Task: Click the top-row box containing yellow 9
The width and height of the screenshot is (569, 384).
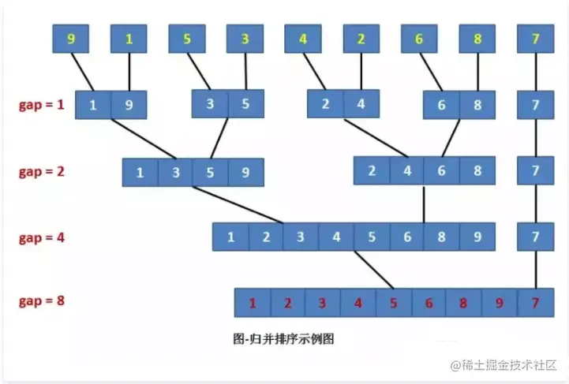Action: tap(71, 39)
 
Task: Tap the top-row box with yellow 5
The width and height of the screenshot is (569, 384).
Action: tap(187, 39)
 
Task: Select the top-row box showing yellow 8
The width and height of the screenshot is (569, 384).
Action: tap(477, 39)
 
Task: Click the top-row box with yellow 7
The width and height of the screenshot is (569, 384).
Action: tap(536, 39)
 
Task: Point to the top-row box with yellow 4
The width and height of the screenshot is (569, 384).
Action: tap(303, 39)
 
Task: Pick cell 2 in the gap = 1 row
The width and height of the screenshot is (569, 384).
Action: tap(325, 103)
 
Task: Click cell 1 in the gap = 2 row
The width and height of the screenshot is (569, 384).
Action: tap(140, 172)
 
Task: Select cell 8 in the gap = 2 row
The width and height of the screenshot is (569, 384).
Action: tap(477, 170)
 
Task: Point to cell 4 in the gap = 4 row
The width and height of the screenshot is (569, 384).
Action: tap(336, 237)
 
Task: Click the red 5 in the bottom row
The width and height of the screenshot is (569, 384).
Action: tap(393, 303)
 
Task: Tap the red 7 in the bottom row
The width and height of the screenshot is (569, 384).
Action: tap(536, 303)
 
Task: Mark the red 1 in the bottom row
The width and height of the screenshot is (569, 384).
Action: tap(253, 303)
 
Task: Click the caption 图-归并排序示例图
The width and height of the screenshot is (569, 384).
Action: tap(285, 339)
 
